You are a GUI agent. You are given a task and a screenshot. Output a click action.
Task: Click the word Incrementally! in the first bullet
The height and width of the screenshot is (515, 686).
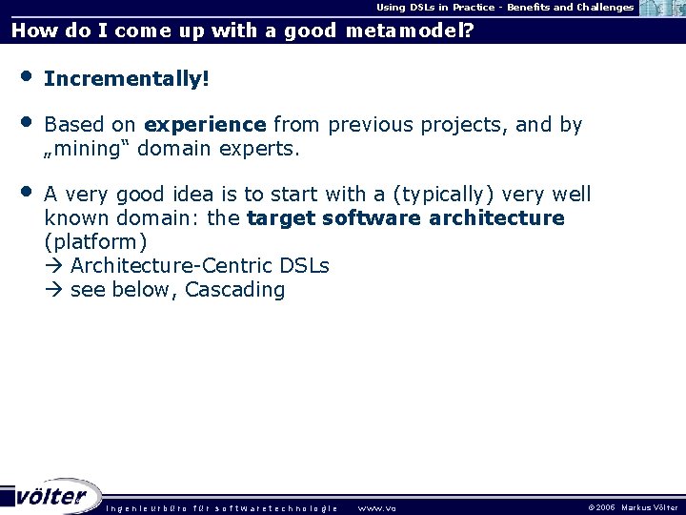click(126, 79)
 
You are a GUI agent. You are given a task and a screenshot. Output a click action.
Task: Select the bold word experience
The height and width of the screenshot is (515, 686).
click(205, 125)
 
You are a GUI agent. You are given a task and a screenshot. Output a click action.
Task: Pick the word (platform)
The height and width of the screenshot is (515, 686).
click(95, 242)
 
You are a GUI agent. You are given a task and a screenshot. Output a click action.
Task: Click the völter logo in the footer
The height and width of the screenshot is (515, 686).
click(51, 496)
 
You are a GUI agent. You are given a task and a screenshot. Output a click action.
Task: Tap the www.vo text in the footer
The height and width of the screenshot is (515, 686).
click(376, 507)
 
